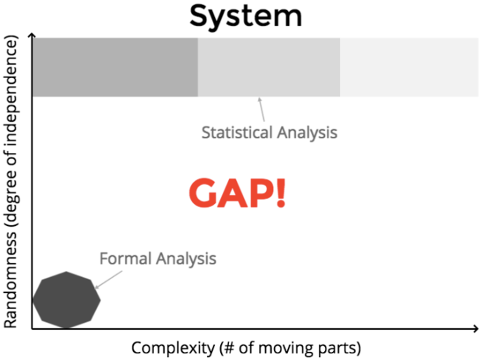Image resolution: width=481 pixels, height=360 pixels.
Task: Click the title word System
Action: pyautogui.click(x=246, y=16)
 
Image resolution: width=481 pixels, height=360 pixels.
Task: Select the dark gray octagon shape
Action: pyautogui.click(x=66, y=300)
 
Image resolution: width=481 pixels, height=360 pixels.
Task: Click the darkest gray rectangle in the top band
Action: pyautogui.click(x=115, y=67)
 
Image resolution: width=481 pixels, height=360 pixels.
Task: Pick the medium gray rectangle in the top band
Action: pyautogui.click(x=269, y=67)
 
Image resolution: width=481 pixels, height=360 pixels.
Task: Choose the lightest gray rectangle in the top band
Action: pyautogui.click(x=409, y=67)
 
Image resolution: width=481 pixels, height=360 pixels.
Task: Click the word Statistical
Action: pyautogui.click(x=237, y=133)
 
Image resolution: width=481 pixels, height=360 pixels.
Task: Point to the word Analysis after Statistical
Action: pyautogui.click(x=307, y=133)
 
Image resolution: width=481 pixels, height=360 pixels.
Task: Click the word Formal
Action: pyautogui.click(x=125, y=258)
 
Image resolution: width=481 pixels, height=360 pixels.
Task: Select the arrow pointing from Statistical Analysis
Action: pyautogui.click(x=263, y=109)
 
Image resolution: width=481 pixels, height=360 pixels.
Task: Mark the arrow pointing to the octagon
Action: pyautogui.click(x=108, y=279)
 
